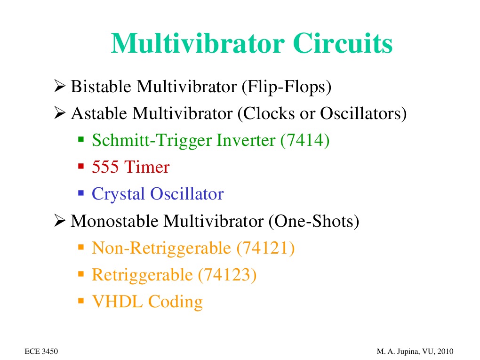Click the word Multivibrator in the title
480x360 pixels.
[198, 44]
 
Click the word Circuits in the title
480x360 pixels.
[342, 44]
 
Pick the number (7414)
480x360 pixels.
[304, 140]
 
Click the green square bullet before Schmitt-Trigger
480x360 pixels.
[80, 139]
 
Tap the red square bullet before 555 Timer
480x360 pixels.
[80, 166]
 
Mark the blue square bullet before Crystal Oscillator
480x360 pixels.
[80, 193]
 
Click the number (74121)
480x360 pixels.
[265, 248]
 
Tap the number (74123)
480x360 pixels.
[227, 274]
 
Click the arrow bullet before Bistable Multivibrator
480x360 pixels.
[59, 87]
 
